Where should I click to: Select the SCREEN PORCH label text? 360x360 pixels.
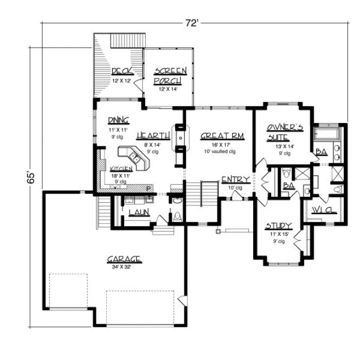pos(170,76)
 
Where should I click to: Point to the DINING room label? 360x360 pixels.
pos(117,120)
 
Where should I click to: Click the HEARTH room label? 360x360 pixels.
pos(148,136)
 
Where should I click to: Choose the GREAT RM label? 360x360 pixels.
pos(216,136)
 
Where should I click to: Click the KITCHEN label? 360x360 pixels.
pos(121,169)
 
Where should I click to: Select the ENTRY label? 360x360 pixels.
pos(235,180)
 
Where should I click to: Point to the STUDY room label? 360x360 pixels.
pos(279,226)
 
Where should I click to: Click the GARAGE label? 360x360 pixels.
pos(124,260)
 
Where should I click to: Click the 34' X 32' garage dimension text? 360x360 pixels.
pos(124,267)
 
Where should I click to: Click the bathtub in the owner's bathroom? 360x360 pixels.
pos(327,132)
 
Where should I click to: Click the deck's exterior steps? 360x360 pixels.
pos(128,40)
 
